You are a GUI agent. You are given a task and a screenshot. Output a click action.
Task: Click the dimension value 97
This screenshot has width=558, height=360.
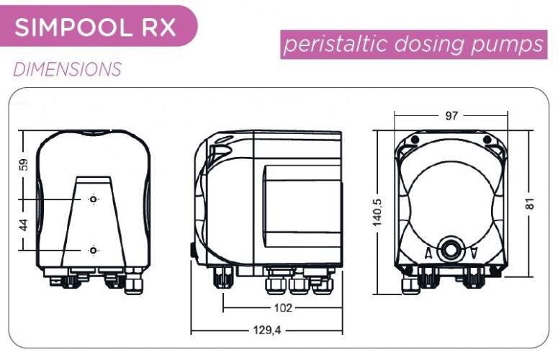pos(451,116)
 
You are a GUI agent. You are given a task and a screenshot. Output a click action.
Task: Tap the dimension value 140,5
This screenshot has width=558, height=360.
pos(377,212)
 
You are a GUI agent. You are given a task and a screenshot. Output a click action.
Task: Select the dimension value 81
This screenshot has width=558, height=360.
pos(530,204)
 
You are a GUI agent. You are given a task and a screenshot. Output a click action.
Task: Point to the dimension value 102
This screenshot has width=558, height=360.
pos(283,307)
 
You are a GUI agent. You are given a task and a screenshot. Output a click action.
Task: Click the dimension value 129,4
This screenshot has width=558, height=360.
pos(267,330)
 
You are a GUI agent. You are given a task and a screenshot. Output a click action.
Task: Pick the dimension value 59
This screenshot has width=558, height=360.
pos(24,164)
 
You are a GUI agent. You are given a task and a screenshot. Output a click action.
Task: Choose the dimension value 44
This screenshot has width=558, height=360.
pos(24,225)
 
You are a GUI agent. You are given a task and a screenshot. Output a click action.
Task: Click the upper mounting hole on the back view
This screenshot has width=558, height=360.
pos(93,199)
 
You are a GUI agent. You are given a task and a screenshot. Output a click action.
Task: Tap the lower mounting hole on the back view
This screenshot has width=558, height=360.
pos(93,251)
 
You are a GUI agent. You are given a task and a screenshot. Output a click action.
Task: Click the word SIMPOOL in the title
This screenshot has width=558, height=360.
pos(73,27)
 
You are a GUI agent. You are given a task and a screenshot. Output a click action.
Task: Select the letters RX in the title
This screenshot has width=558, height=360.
pos(158,27)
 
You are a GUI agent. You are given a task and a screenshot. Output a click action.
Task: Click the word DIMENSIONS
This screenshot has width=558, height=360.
pos(68,69)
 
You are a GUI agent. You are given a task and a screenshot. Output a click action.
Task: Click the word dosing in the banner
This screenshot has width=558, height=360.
pos(429,45)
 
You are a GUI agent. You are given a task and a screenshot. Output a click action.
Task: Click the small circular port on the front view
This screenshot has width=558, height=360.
pos(451,249)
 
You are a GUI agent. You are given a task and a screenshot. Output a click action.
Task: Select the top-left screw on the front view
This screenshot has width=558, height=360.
pos(415,140)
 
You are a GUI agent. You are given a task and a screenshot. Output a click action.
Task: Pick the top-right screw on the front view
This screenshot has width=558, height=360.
pos(487,140)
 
